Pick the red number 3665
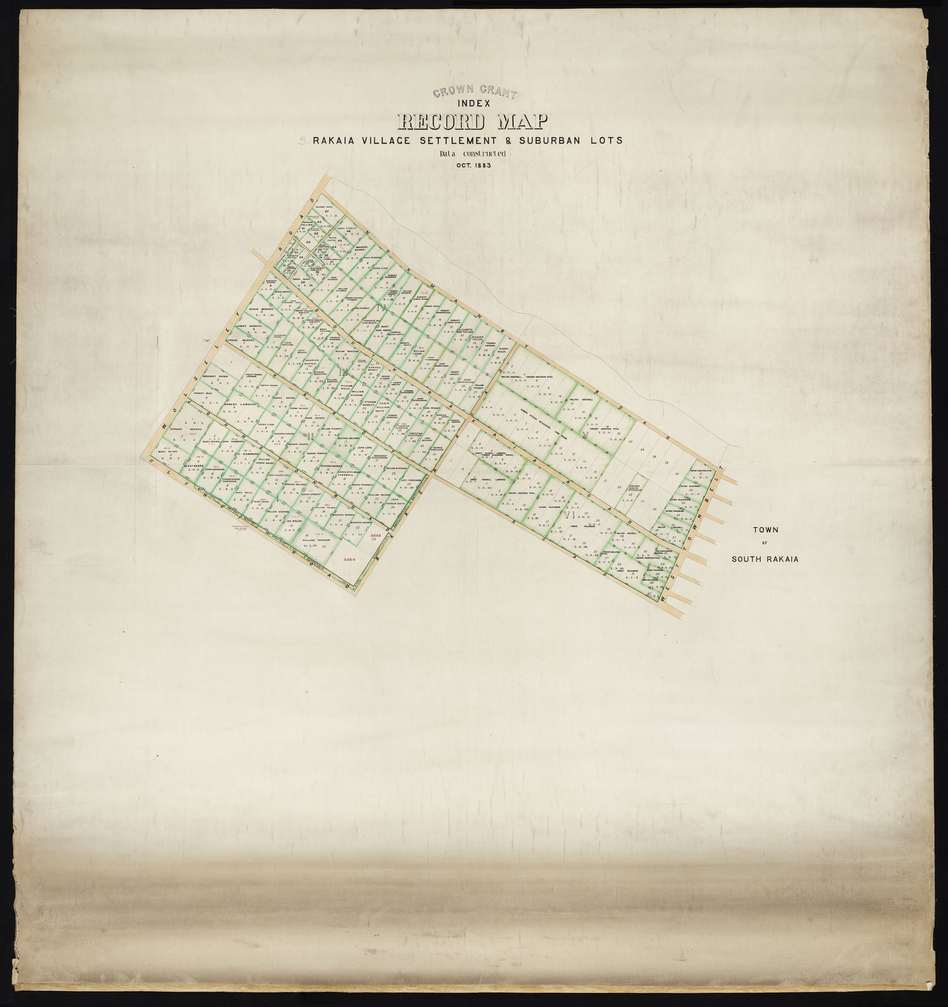pyautogui.click(x=375, y=535)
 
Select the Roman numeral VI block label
pyautogui.click(x=568, y=516)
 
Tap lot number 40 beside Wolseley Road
pyautogui.click(x=308, y=243)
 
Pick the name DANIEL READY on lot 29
pyautogui.click(x=301, y=279)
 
